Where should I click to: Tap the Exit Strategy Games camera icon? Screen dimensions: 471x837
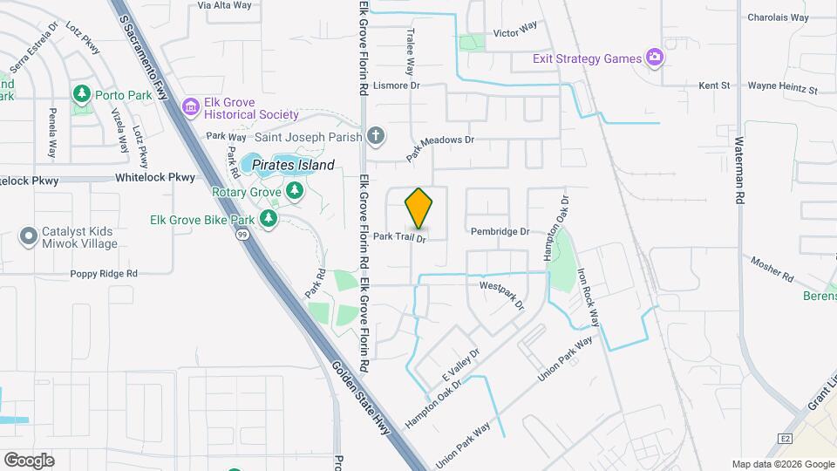coord(654,58)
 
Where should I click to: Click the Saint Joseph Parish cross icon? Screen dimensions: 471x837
coord(375,136)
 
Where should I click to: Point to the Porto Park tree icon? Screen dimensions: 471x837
coord(82,92)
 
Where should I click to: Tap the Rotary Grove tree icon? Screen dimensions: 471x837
coord(295,191)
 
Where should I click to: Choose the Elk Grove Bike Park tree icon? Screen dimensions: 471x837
coord(269,218)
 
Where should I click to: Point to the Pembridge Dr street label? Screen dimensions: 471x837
coord(500,232)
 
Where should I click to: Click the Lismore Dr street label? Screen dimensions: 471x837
coord(397,85)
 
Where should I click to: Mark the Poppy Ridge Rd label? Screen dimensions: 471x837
coord(105,274)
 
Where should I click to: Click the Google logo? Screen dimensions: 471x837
coord(29,460)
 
